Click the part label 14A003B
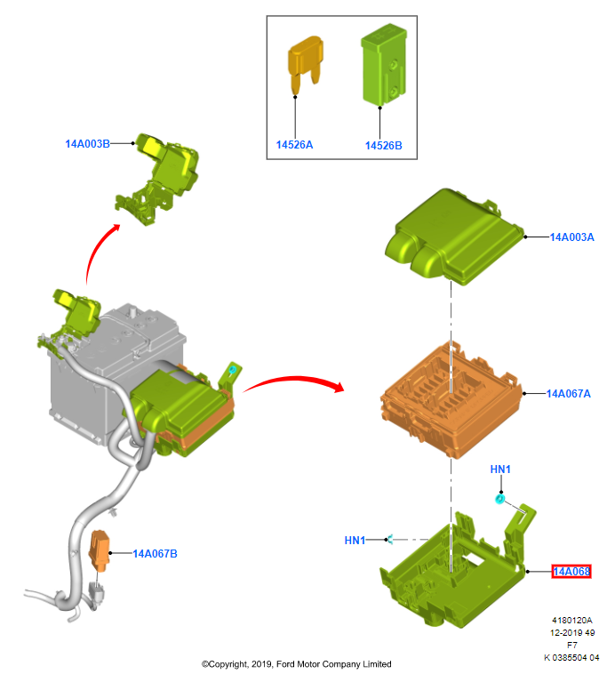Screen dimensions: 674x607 click(x=86, y=143)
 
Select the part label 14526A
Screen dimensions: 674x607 click(x=294, y=145)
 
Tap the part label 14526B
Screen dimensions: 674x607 click(x=384, y=145)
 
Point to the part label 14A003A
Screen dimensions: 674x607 click(x=571, y=237)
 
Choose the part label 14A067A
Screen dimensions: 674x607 click(x=569, y=393)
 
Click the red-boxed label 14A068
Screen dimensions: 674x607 click(x=571, y=571)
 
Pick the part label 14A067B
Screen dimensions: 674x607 click(x=156, y=554)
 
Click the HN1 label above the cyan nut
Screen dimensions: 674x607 click(x=501, y=469)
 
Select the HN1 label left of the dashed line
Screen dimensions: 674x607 click(x=355, y=540)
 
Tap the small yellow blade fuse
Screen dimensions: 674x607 click(x=304, y=62)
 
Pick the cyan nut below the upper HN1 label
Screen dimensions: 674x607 click(x=500, y=500)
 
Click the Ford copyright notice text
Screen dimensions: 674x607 click(x=296, y=664)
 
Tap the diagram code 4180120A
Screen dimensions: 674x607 click(x=571, y=621)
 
